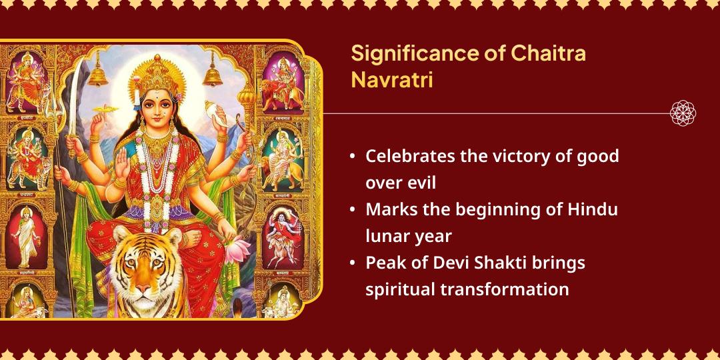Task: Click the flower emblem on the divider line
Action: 683,113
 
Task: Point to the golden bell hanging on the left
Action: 98,69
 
